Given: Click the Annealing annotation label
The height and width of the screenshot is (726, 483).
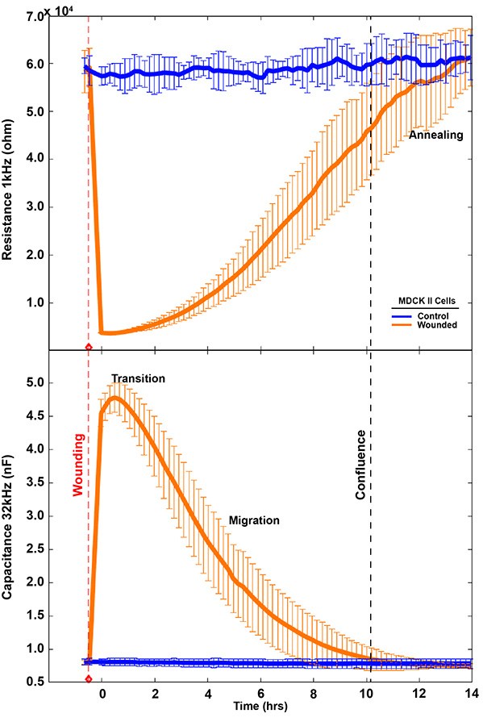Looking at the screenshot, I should pyautogui.click(x=435, y=135).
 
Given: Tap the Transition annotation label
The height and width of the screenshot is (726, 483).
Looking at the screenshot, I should pyautogui.click(x=138, y=378).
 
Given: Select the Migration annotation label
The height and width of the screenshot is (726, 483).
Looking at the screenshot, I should pyautogui.click(x=254, y=520).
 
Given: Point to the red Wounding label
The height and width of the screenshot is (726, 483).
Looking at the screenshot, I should pyautogui.click(x=78, y=465).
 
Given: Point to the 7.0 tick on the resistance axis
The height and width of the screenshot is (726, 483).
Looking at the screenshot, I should pyautogui.click(x=32, y=16).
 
